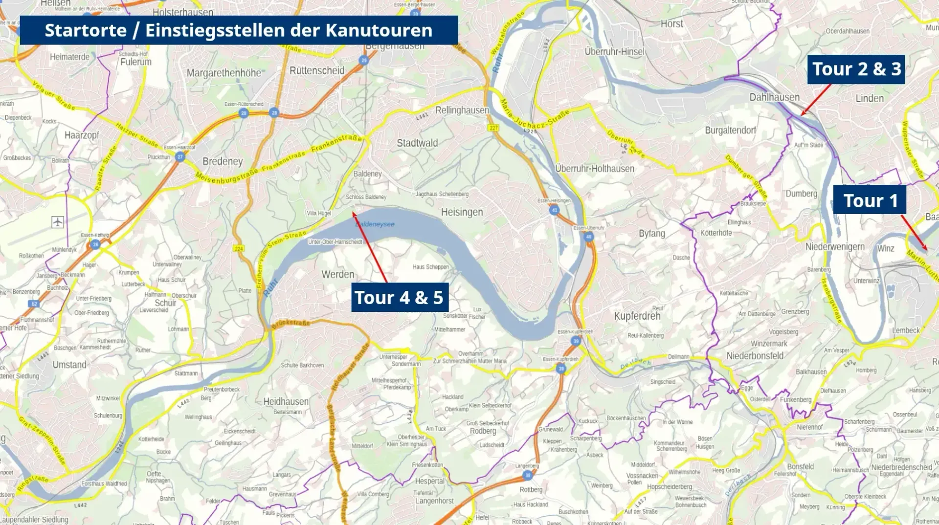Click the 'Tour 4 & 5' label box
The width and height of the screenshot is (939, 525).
point(399,297)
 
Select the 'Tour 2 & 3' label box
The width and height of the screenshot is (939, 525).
point(856,69)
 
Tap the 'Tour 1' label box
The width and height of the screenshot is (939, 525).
point(870,200)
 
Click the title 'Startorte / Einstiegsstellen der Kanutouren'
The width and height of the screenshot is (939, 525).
point(239,30)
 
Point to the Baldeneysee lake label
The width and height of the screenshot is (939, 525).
point(375,224)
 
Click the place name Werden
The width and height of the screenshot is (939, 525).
point(338,274)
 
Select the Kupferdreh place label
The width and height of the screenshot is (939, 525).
point(637,316)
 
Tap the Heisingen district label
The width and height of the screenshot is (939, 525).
point(462,212)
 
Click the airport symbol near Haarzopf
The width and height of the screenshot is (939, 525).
point(58,222)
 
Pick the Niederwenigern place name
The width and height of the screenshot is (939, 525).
point(835,247)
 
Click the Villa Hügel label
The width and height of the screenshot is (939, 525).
point(319,213)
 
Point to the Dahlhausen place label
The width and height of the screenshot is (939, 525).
point(774,97)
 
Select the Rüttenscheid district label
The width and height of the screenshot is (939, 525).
point(317,70)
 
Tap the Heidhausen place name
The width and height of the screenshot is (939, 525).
point(286,401)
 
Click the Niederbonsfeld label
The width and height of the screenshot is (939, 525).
point(755,356)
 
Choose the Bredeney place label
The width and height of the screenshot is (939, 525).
point(223,161)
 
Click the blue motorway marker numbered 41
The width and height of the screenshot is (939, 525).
point(554,210)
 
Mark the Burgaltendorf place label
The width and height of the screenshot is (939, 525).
point(730,131)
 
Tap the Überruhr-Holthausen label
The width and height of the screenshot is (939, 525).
point(595,169)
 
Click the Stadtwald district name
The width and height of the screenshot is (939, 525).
point(417,143)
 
